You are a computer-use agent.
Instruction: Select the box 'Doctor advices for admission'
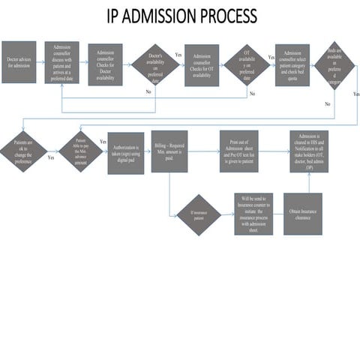[19, 62]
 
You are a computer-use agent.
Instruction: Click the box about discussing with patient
[61, 62]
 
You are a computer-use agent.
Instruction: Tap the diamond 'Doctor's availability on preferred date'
[155, 67]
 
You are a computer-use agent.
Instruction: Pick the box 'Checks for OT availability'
[202, 65]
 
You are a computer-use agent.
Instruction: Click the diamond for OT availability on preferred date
[247, 67]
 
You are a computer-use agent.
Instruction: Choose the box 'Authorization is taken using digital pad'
[125, 153]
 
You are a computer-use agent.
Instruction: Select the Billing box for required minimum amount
[169, 151]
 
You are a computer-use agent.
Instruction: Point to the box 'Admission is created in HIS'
[309, 151]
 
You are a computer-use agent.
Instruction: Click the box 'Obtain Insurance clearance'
[302, 214]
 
